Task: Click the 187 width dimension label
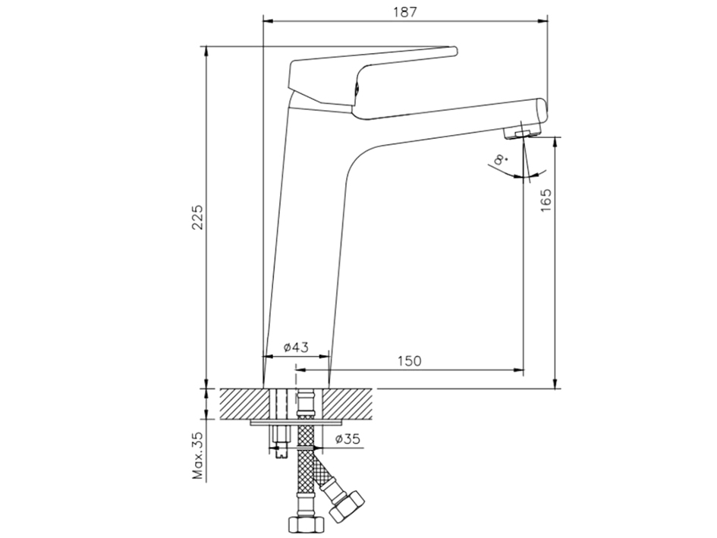405,11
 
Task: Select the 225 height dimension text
197,217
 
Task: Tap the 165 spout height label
546,200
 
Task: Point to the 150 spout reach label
409,361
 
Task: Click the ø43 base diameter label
296,348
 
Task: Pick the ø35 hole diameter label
347,439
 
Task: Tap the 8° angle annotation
501,159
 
